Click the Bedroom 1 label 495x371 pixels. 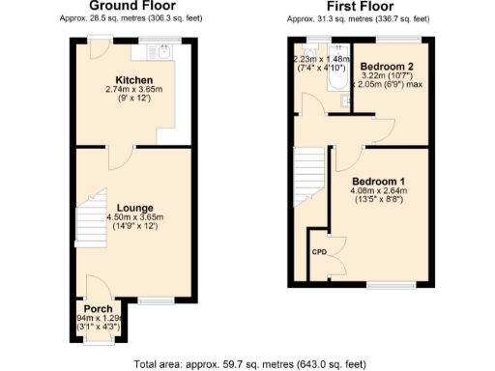378,182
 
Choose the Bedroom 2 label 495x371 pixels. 388,65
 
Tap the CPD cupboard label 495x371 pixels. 317,251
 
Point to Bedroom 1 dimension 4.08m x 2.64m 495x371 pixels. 378,191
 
